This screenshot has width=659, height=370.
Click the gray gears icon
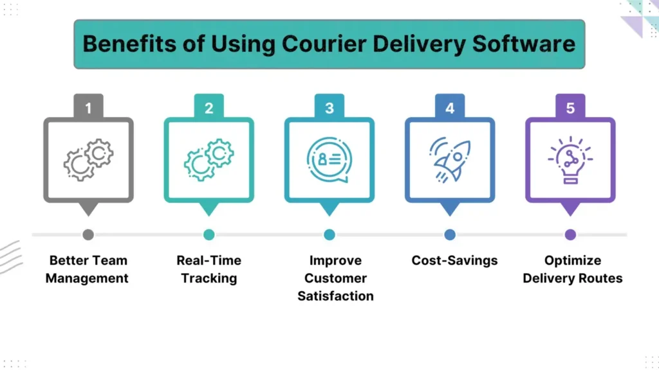pyautogui.click(x=88, y=160)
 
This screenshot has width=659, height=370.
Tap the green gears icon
pyautogui.click(x=209, y=160)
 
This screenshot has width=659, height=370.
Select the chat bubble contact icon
pyautogui.click(x=329, y=160)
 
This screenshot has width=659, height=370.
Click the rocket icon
pyautogui.click(x=450, y=159)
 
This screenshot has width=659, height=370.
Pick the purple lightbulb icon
pyautogui.click(x=570, y=160)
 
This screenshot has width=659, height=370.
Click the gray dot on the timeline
pyautogui.click(x=88, y=234)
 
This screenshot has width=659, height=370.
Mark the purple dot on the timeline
pyautogui.click(x=570, y=234)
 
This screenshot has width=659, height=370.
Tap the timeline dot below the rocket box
pyautogui.click(x=450, y=234)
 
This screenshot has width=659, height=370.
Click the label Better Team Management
pyautogui.click(x=88, y=269)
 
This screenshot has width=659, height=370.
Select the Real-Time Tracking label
pyautogui.click(x=209, y=269)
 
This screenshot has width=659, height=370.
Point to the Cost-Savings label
pyautogui.click(x=454, y=261)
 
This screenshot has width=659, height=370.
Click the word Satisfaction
pyautogui.click(x=335, y=296)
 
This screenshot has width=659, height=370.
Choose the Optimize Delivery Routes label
pyautogui.click(x=572, y=269)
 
